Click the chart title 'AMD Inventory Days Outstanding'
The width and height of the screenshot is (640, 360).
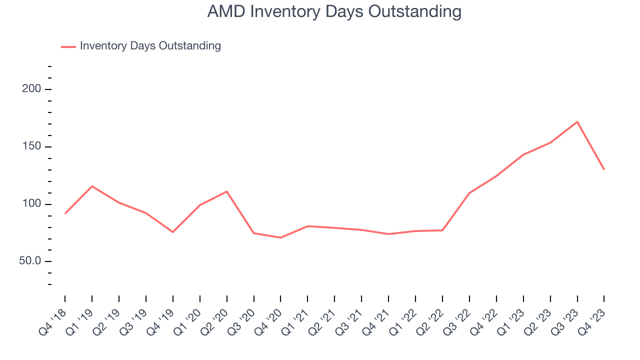pyautogui.click(x=334, y=11)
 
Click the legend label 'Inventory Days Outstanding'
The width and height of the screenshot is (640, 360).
pyautogui.click(x=150, y=46)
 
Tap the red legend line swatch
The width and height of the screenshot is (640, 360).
pyautogui.click(x=68, y=46)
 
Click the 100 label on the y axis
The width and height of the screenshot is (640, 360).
pyautogui.click(x=33, y=204)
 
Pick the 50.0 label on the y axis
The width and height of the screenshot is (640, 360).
pyautogui.click(x=30, y=261)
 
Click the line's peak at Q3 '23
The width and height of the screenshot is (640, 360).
pyautogui.click(x=577, y=122)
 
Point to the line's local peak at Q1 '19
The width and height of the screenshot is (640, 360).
pyautogui.click(x=92, y=186)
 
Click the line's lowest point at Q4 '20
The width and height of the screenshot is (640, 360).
pyautogui.click(x=280, y=237)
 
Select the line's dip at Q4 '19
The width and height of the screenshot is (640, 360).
pyautogui.click(x=173, y=232)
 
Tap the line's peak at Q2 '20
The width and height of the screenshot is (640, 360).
pyautogui.click(x=227, y=191)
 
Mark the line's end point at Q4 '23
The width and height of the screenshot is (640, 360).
pyautogui.click(x=604, y=169)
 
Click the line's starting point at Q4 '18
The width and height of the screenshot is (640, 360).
pyautogui.click(x=65, y=213)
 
